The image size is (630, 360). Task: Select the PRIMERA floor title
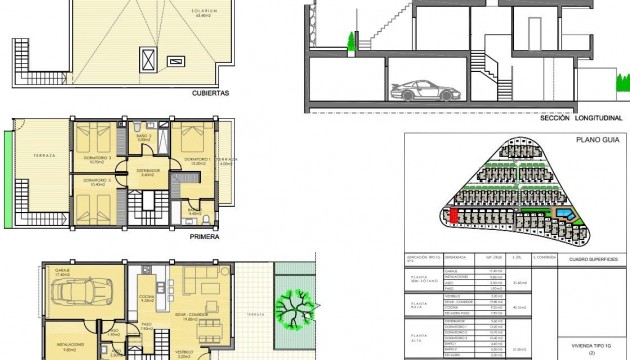204,238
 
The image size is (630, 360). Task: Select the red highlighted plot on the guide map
452,214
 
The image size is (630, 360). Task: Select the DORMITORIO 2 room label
99,182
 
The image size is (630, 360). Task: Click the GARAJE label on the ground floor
61,271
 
